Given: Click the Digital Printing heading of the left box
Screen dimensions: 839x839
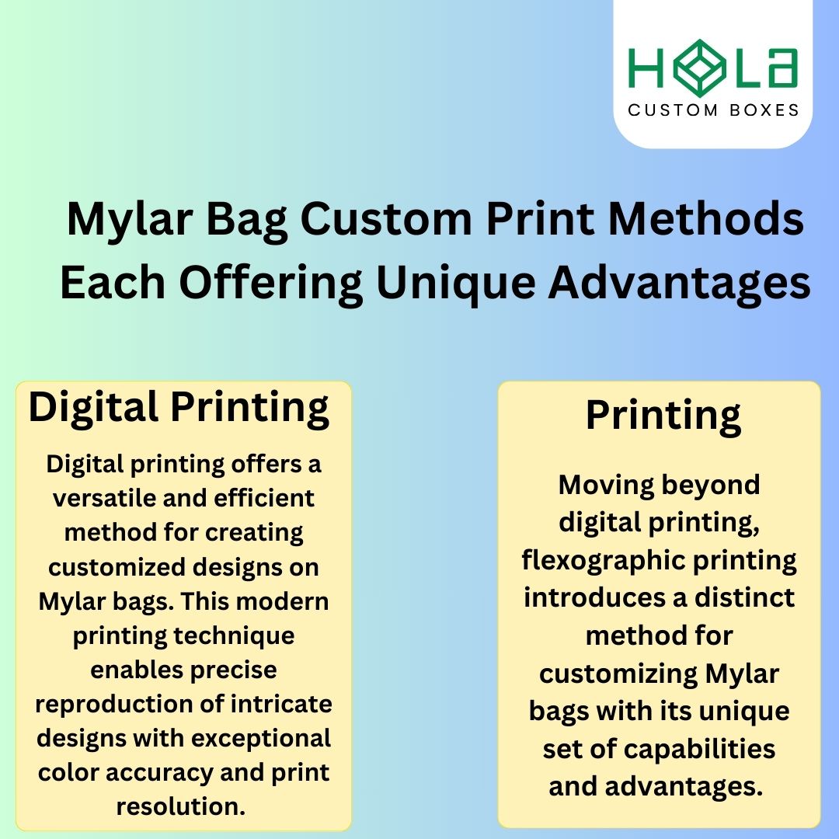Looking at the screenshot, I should click(179, 407).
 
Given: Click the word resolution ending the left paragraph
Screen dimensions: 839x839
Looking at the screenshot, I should click(180, 806).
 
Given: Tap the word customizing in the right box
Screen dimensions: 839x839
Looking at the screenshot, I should click(619, 674).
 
